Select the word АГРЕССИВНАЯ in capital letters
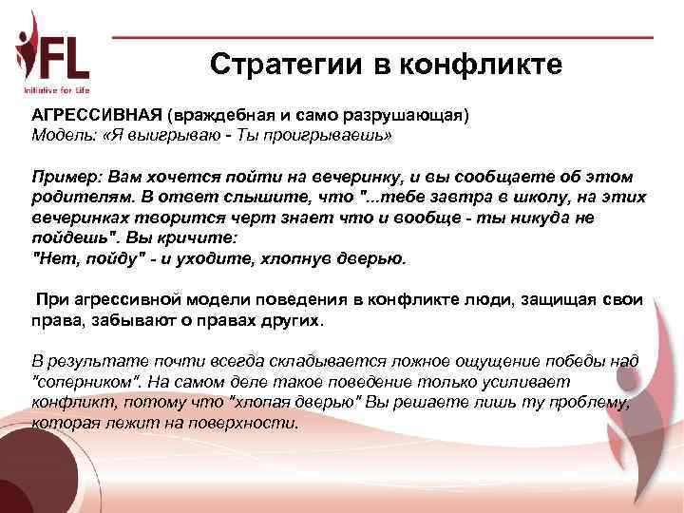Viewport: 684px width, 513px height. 96,115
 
